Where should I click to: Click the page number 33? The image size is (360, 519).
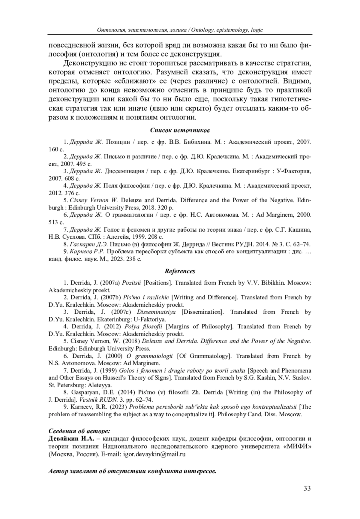[x=307, y=488]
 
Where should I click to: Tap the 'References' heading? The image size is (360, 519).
[x=180, y=271]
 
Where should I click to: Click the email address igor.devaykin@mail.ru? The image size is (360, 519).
[x=154, y=454]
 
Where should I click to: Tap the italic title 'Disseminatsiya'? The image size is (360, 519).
[x=156, y=312]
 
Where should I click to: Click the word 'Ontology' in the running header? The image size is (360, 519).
[x=202, y=30]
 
